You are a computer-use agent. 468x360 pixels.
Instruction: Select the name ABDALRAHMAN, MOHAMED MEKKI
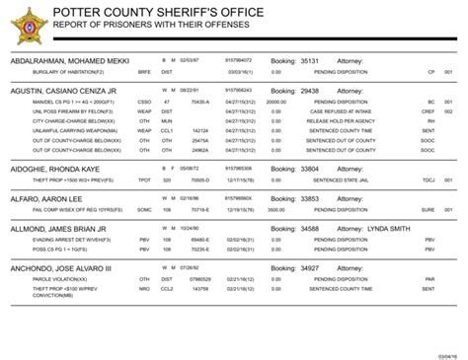pyautogui.click(x=70, y=61)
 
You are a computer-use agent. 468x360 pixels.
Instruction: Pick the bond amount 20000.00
pyautogui.click(x=276, y=102)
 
